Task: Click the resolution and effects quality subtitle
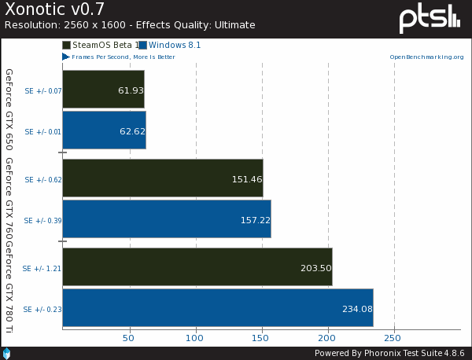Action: click(130, 25)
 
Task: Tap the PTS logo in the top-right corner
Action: click(429, 18)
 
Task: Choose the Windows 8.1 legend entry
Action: click(170, 46)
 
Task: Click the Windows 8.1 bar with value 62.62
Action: click(104, 130)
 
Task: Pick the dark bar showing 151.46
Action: click(162, 179)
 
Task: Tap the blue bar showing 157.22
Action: click(166, 219)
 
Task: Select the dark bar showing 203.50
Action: click(197, 268)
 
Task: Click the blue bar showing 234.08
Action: click(217, 308)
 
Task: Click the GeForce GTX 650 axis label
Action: click(9, 109)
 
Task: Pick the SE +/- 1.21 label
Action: click(42, 269)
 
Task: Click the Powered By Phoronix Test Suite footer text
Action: click(390, 353)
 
